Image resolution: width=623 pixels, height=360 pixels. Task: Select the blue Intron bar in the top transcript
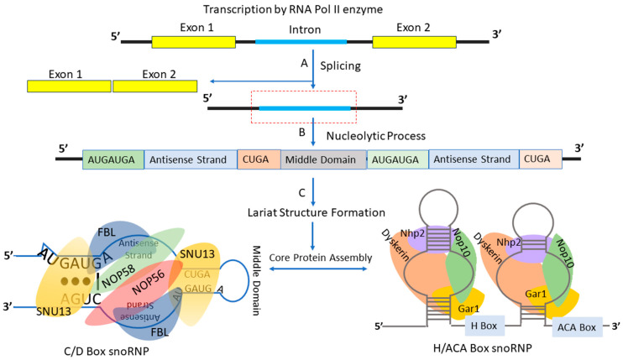point(312,40)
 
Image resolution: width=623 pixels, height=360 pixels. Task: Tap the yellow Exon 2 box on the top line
point(414,40)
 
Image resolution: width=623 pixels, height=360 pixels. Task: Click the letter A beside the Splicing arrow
point(304,62)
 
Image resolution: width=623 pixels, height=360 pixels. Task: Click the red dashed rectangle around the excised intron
point(304,107)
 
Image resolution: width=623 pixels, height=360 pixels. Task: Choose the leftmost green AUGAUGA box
point(113,159)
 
